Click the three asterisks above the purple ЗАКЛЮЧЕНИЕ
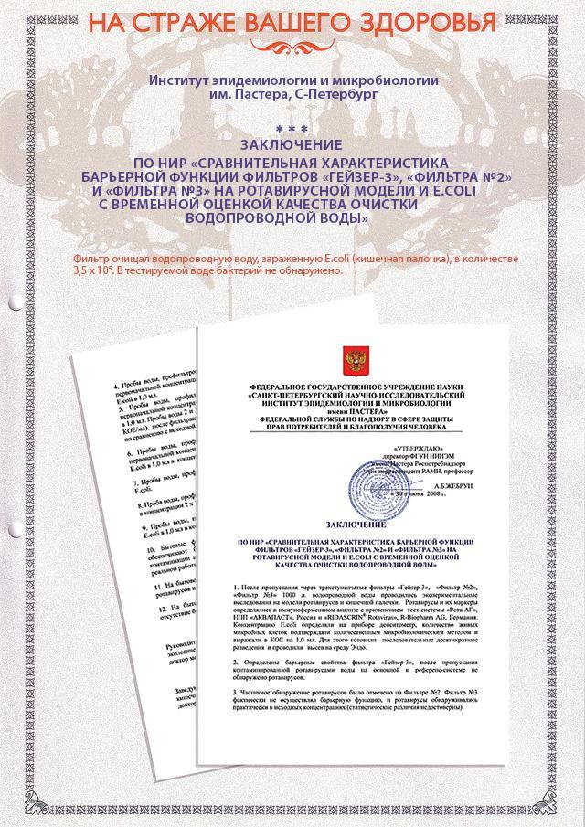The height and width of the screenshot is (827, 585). pyautogui.click(x=292, y=130)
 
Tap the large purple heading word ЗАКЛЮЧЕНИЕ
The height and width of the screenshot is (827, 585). pyautogui.click(x=292, y=144)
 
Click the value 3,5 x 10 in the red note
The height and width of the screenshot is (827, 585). pyautogui.click(x=91, y=272)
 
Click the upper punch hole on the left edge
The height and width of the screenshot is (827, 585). pyautogui.click(x=14, y=302)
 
